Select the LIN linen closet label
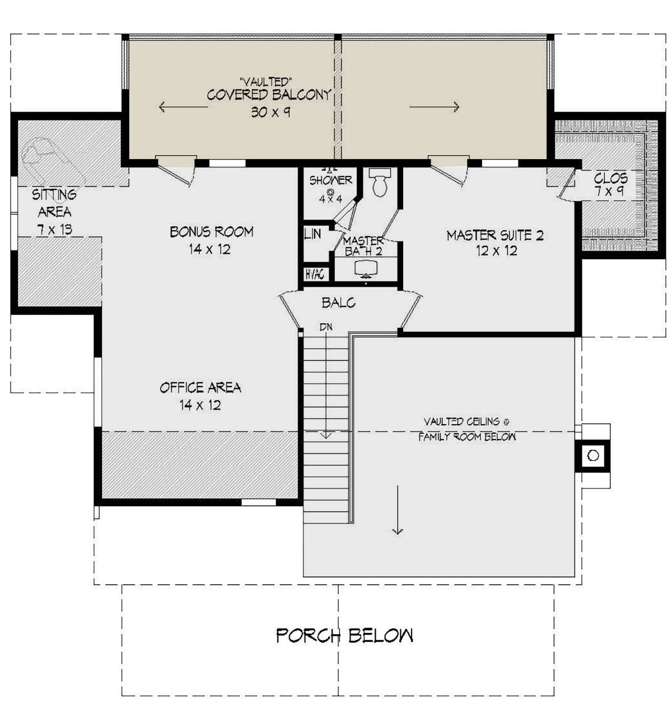[x=312, y=234]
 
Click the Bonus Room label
[x=212, y=231]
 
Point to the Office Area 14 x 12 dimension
[x=200, y=405]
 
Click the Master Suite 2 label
[x=494, y=235]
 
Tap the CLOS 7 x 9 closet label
[x=610, y=184]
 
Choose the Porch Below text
[x=344, y=635]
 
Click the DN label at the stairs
[x=326, y=327]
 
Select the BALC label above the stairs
[x=338, y=302]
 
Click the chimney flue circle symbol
[x=593, y=455]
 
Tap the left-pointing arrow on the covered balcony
[x=184, y=107]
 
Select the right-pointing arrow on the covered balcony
[x=434, y=107]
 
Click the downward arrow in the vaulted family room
[x=398, y=510]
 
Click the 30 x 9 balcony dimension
[x=270, y=112]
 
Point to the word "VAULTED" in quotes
[x=266, y=82]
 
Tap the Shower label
[x=330, y=180]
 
